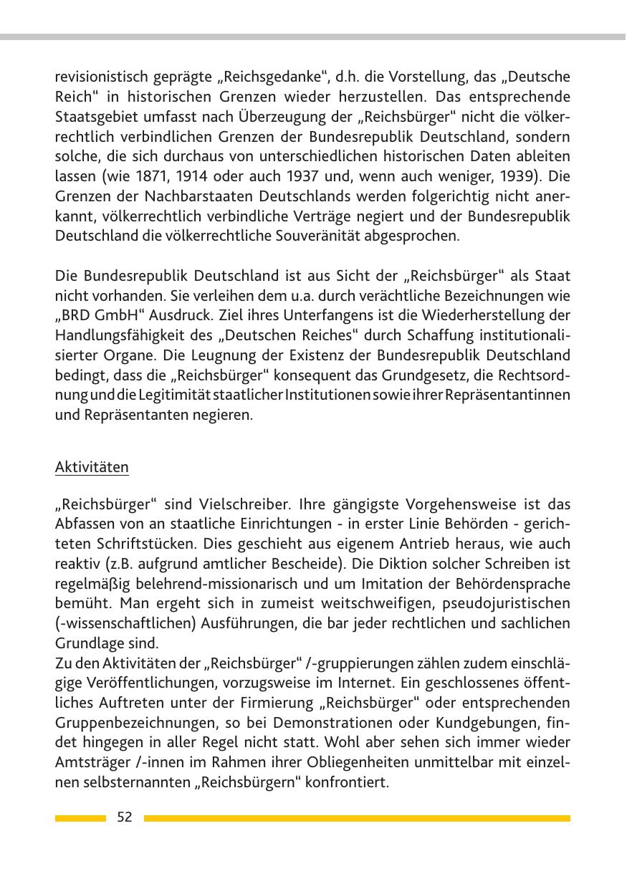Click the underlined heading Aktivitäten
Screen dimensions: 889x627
point(92,468)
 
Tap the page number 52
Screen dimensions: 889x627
point(125,817)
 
